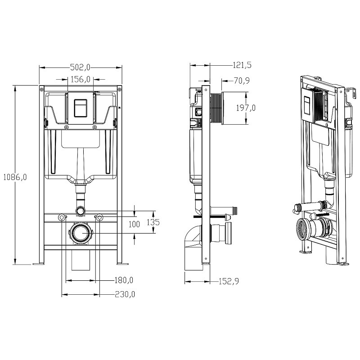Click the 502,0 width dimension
(80, 67)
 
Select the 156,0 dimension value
(81, 80)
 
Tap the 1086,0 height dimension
(15, 177)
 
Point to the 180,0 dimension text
(124, 280)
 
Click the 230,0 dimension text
(125, 294)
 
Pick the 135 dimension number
(153, 222)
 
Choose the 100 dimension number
(134, 224)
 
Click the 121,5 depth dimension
(242, 65)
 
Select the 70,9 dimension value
(242, 81)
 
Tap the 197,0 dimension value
(246, 108)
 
